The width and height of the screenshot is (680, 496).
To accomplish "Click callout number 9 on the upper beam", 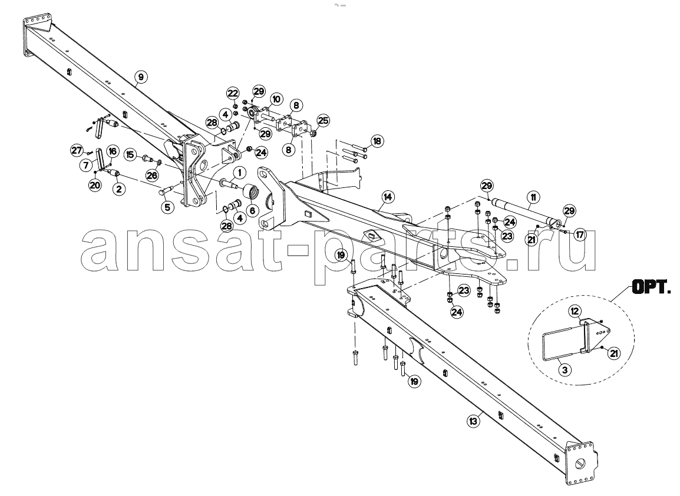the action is [x=140, y=77].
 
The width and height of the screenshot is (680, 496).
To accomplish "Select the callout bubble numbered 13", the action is [x=474, y=420].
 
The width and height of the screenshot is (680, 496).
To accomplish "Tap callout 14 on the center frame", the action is [x=387, y=197].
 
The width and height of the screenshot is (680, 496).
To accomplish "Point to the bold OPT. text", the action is [x=651, y=287].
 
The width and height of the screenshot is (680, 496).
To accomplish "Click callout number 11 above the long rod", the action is [x=533, y=198].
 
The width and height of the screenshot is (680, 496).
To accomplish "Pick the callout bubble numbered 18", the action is [x=377, y=141].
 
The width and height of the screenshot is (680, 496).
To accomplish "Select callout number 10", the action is [x=276, y=100].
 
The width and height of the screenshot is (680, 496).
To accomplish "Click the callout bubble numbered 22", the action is [x=233, y=93].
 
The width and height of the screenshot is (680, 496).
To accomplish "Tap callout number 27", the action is [x=77, y=150].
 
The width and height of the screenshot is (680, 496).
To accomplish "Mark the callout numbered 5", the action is [x=167, y=207].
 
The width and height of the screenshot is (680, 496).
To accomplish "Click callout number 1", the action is [x=239, y=173].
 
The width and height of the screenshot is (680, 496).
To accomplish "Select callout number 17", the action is [x=580, y=234].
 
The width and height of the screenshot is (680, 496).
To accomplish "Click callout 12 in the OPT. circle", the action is [x=575, y=311].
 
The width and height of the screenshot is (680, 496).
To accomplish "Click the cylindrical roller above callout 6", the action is [x=252, y=191].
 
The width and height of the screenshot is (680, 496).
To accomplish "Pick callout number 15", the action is [x=130, y=154].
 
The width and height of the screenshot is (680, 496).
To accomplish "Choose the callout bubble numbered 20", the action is [x=94, y=185].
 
